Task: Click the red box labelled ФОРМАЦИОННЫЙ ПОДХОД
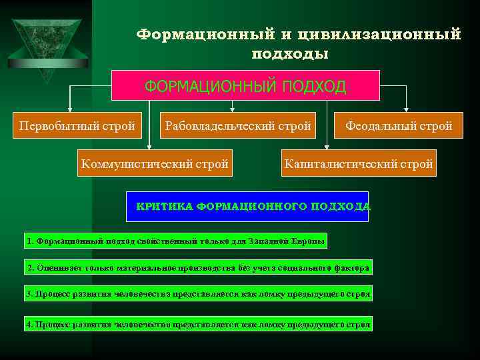click(245, 86)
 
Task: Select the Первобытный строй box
click(77, 125)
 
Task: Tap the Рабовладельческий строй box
click(238, 125)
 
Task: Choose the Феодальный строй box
click(399, 125)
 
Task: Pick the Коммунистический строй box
click(155, 163)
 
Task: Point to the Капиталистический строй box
click(358, 163)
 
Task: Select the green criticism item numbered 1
click(176, 241)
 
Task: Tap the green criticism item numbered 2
click(197, 268)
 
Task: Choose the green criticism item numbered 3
click(198, 294)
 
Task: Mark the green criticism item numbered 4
click(198, 325)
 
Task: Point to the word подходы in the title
click(290, 53)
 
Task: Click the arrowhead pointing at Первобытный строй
click(67, 109)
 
